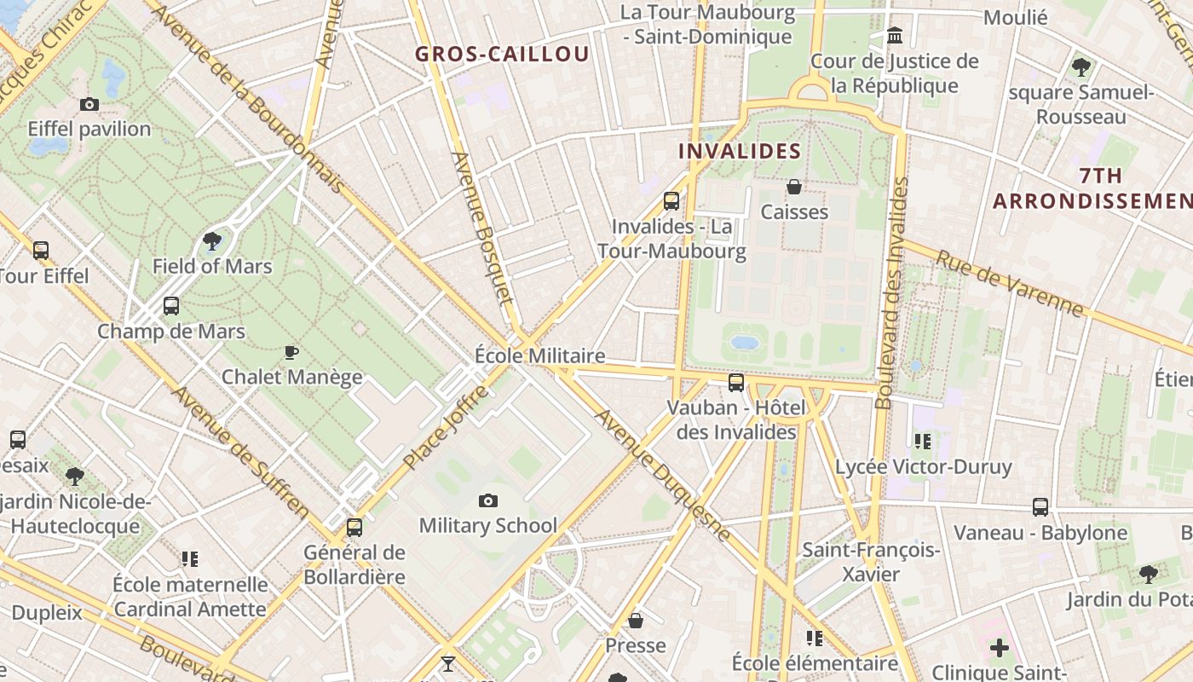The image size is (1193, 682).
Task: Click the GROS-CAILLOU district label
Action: click(502, 55)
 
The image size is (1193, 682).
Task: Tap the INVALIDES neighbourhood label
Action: click(740, 152)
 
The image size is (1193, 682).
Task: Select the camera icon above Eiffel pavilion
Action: click(89, 105)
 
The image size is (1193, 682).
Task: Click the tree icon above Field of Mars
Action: click(212, 242)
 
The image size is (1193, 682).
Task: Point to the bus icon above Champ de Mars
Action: click(171, 306)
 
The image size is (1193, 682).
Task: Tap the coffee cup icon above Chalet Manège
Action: click(291, 352)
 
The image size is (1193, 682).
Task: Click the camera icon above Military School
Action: click(488, 501)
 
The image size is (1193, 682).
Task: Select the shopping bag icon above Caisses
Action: click(794, 187)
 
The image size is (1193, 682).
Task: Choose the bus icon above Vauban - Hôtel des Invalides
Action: click(736, 383)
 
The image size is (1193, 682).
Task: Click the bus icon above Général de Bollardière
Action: click(354, 528)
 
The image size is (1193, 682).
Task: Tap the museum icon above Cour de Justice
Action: click(895, 36)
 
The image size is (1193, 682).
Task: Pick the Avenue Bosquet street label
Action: click(483, 228)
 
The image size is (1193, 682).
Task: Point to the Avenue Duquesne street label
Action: click(662, 475)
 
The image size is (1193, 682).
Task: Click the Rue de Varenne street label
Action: click(1009, 283)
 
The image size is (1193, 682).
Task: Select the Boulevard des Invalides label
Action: click(892, 294)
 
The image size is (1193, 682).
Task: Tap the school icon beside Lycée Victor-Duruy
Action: click(923, 442)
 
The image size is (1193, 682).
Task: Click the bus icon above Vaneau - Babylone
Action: click(1040, 507)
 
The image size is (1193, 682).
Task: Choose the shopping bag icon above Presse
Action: click(636, 621)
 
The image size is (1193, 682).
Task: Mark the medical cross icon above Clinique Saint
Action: click(1000, 648)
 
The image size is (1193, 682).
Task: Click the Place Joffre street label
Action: click(447, 426)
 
